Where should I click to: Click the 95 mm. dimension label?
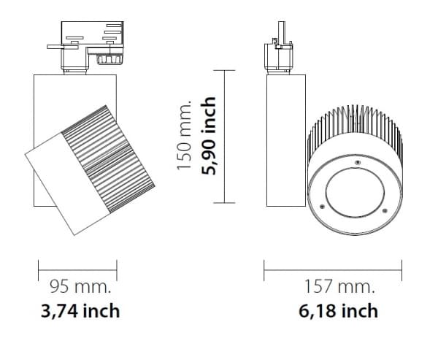(80, 286)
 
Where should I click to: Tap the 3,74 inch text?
(80, 311)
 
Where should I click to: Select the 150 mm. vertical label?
(184, 135)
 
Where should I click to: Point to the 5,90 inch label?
(208, 136)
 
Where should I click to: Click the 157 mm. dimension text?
(339, 286)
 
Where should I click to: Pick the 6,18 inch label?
(338, 311)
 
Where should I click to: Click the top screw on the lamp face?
(357, 162)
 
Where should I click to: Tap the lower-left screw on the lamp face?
(322, 207)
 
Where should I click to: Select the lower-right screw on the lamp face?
(385, 210)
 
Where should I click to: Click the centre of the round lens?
(355, 192)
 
